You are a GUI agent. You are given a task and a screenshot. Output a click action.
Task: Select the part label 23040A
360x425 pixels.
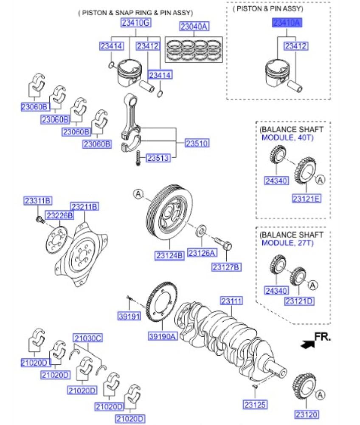[x=194, y=27]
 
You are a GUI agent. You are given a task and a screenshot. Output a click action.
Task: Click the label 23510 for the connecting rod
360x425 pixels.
[x=197, y=144]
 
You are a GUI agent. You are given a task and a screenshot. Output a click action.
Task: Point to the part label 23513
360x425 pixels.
[x=158, y=159]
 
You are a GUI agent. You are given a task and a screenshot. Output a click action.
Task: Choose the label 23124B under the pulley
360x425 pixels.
[x=169, y=255]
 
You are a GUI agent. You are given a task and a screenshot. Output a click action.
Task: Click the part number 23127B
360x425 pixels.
[x=227, y=267]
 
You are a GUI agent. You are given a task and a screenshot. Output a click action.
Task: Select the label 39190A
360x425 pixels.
[x=162, y=337]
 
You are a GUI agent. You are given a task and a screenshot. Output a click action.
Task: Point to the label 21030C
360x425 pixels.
[x=87, y=338]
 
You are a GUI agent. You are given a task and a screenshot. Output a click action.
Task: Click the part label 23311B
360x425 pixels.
[x=37, y=200]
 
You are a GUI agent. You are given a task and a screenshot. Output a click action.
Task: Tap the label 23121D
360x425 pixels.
[x=299, y=301]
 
